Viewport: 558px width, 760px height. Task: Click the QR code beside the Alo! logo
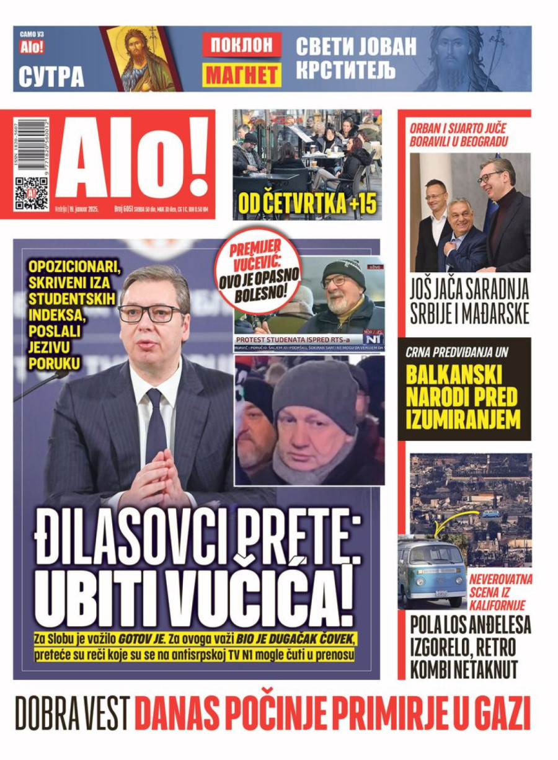point(32,193)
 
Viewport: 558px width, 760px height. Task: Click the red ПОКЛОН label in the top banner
point(242,45)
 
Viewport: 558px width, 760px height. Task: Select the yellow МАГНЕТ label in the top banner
point(242,74)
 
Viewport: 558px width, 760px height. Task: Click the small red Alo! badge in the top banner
point(32,46)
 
